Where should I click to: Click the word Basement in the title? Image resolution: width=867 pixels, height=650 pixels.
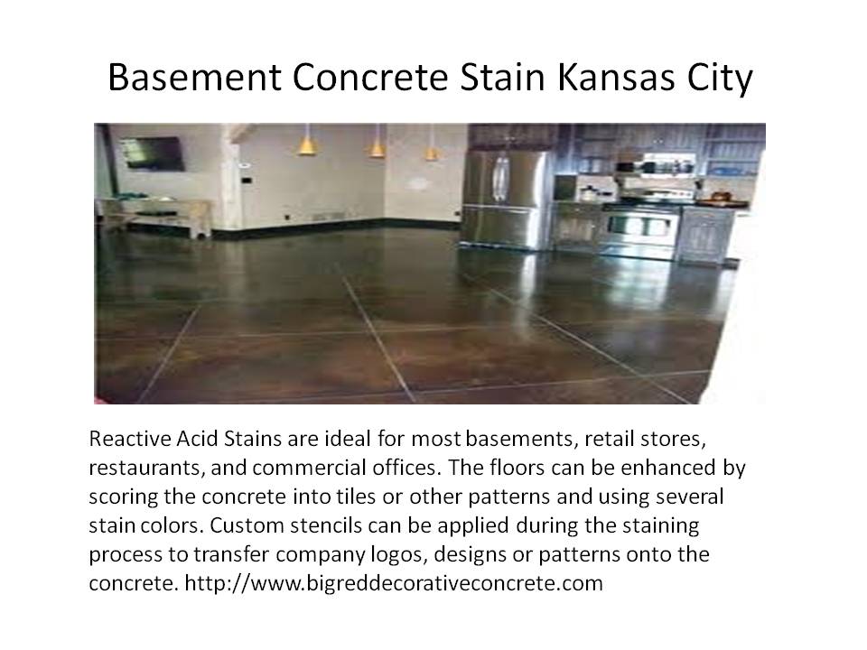pos(195,77)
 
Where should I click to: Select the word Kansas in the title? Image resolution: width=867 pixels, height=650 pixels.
pos(616,77)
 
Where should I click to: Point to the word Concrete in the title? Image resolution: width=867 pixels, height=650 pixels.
pos(370,77)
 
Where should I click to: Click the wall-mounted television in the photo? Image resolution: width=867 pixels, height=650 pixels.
pos(153,153)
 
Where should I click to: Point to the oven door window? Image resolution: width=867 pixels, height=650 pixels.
pos(640,227)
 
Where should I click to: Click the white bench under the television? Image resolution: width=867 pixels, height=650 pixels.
pos(156,216)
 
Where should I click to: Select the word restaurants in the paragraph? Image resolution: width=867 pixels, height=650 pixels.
pos(147,469)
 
